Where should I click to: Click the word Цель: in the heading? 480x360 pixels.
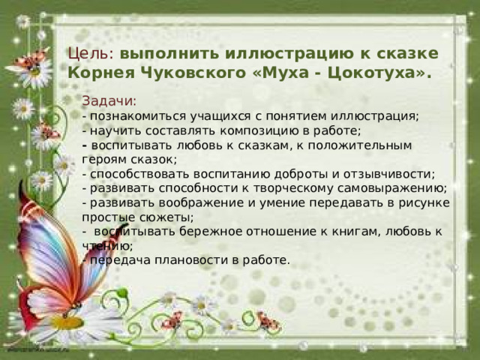[89, 55]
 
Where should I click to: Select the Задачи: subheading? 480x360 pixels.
[109, 101]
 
